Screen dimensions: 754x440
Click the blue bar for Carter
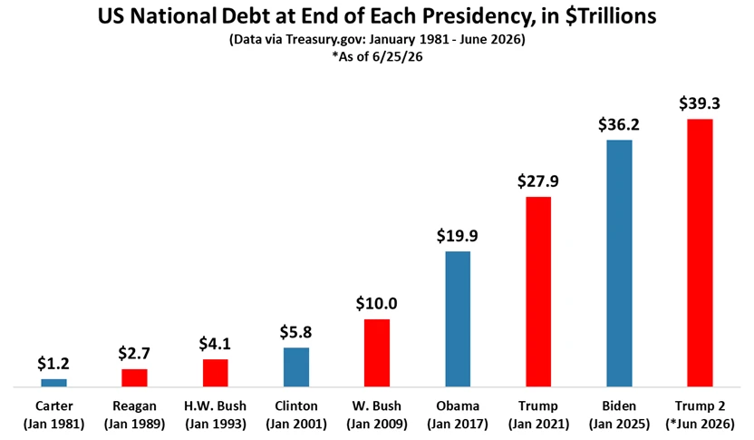(53, 383)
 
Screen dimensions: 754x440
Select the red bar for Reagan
(134, 378)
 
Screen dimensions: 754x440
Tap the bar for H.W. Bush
(215, 373)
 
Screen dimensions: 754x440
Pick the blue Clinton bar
(296, 367)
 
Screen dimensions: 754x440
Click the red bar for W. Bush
(377, 353)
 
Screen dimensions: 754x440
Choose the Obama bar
(458, 319)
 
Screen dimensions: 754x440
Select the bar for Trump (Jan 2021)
(538, 292)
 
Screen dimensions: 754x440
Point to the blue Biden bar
(619, 263)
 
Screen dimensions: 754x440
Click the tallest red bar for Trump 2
(701, 253)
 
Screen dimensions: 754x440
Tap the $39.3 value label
(700, 103)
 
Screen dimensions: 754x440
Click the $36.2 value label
(619, 124)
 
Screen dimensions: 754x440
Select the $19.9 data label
(458, 236)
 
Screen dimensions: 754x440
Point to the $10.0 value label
(376, 304)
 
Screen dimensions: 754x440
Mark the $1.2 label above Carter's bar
(53, 364)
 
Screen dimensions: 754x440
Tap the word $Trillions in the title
(611, 16)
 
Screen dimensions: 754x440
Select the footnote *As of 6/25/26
(377, 57)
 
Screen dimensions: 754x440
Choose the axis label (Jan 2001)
(296, 425)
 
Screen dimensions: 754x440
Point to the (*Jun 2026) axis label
(701, 425)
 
